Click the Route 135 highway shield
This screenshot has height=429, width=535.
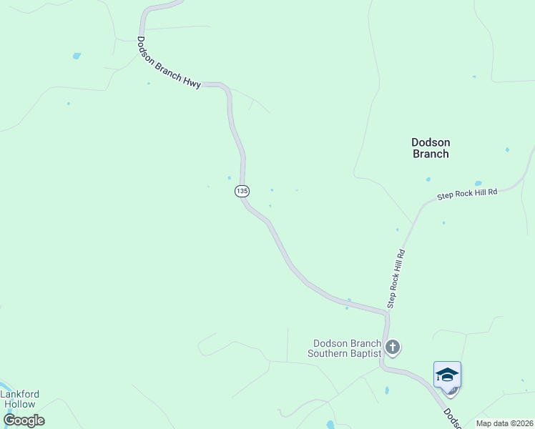pyautogui.click(x=242, y=192)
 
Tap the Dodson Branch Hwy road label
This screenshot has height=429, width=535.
pyautogui.click(x=170, y=63)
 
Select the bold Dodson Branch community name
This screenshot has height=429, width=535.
pyautogui.click(x=431, y=148)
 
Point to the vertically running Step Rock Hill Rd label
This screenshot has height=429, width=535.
pyautogui.click(x=396, y=279)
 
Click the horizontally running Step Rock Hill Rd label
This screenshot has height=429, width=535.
pyautogui.click(x=467, y=194)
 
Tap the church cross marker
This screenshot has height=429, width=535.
pyautogui.click(x=392, y=348)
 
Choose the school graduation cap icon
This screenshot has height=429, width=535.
pyautogui.click(x=447, y=375)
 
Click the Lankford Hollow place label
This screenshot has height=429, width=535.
pyautogui.click(x=20, y=399)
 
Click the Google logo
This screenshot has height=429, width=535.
pyautogui.click(x=24, y=420)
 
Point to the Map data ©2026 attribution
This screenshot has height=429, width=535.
pyautogui.click(x=504, y=423)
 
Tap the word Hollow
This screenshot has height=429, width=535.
pyautogui.click(x=20, y=404)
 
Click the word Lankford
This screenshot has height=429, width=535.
pyautogui.click(x=20, y=394)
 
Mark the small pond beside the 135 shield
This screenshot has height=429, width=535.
pyautogui.click(x=229, y=178)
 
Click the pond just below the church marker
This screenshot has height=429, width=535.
pyautogui.click(x=387, y=391)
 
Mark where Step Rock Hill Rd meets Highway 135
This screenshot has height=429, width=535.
pyautogui.click(x=387, y=312)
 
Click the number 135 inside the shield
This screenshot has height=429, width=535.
pyautogui.click(x=242, y=192)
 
